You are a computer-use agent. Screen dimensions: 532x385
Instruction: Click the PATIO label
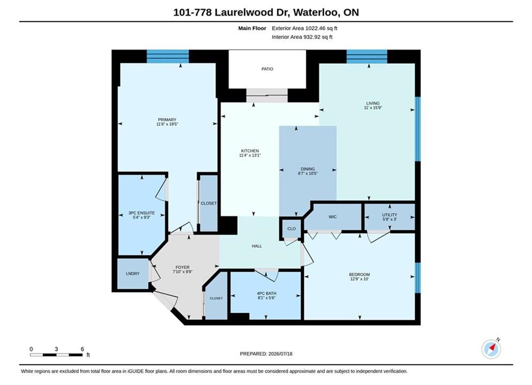click(x=267, y=69)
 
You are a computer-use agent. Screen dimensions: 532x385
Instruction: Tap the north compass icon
click(x=491, y=349)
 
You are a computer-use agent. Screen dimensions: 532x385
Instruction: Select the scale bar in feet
click(x=56, y=355)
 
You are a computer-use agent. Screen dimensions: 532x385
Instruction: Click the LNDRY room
click(x=133, y=274)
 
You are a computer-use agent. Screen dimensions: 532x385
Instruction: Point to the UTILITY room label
click(x=389, y=215)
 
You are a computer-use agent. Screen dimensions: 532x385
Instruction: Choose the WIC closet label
click(x=333, y=217)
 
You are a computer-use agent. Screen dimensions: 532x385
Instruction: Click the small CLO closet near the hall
click(x=291, y=229)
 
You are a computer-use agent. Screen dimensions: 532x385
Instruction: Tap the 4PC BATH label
click(x=266, y=294)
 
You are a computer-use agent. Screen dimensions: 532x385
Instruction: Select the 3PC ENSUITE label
click(x=142, y=213)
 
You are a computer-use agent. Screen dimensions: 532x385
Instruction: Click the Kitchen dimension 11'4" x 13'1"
click(x=250, y=156)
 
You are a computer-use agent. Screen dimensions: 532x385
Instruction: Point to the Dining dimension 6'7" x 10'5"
click(x=308, y=173)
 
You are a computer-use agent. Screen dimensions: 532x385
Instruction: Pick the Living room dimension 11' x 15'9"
click(x=373, y=107)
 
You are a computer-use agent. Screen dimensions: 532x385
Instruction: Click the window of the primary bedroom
click(x=167, y=56)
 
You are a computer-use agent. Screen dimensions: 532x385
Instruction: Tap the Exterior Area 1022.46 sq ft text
click(x=305, y=28)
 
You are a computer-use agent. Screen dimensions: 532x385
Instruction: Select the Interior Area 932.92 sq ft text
click(x=302, y=37)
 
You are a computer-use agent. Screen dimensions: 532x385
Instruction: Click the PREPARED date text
click(x=266, y=354)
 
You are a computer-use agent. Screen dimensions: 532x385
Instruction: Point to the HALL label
click(x=257, y=246)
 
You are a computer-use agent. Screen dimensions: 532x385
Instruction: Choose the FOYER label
click(x=182, y=267)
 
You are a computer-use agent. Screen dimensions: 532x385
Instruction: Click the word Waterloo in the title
click(x=315, y=12)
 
